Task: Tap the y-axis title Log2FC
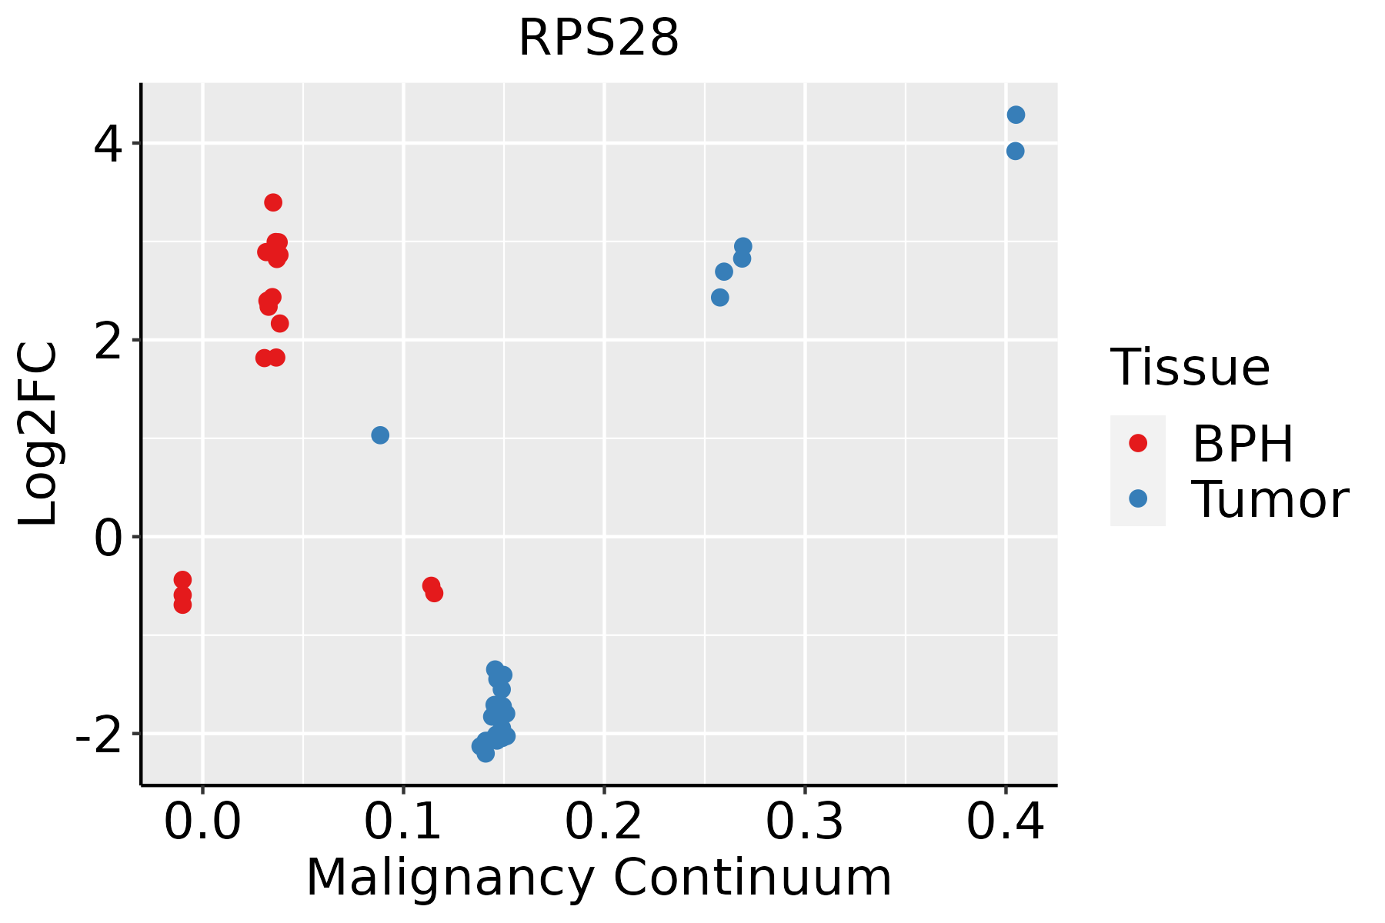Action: [x=38, y=434]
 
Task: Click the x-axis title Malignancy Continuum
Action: [x=599, y=878]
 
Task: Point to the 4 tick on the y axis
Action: [x=108, y=144]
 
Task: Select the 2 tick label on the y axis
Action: [x=108, y=340]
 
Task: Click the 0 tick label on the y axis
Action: [x=108, y=537]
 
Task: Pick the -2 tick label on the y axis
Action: [x=98, y=734]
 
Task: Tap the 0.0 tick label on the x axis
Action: [x=202, y=822]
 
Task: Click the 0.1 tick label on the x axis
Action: [x=403, y=822]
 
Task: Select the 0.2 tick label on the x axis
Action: [x=604, y=822]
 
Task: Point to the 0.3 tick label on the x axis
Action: [x=804, y=822]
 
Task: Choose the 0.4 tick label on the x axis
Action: [x=1005, y=822]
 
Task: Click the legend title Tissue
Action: [x=1190, y=368]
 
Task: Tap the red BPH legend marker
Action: [x=1137, y=443]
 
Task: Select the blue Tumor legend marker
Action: [x=1137, y=498]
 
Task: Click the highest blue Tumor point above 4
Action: [x=1016, y=115]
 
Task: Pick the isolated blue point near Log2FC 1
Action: [x=380, y=435]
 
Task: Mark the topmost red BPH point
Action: [x=273, y=202]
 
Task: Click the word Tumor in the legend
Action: [x=1270, y=500]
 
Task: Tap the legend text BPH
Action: [x=1243, y=444]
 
